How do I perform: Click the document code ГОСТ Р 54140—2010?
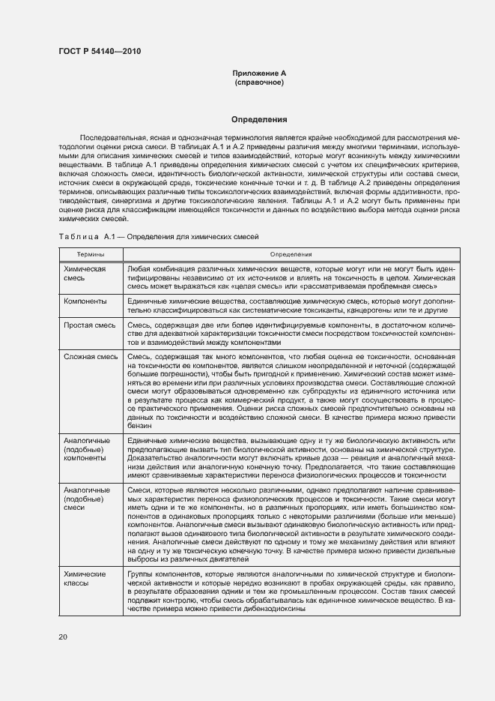pyautogui.click(x=100, y=51)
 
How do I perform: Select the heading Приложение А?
pyautogui.click(x=258, y=73)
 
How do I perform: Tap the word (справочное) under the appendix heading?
pyautogui.click(x=258, y=82)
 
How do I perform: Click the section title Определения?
pyautogui.click(x=258, y=119)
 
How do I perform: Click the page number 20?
pyautogui.click(x=63, y=637)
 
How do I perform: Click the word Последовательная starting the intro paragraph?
pyautogui.click(x=112, y=139)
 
